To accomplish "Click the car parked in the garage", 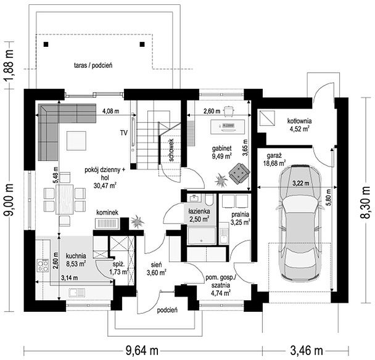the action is coord(300,223).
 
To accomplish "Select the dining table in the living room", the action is coord(65,199).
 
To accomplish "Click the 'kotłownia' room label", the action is coord(299,121).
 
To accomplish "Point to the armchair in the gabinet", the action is coord(239,173).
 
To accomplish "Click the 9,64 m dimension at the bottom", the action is coord(142,351).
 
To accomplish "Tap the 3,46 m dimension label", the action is coord(307,351).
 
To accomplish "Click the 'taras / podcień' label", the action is coord(93,65).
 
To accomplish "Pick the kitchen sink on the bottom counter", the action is coord(76,292).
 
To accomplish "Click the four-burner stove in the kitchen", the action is coord(43,265).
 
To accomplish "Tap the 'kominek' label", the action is coord(107,213).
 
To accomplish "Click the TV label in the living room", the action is coord(124,133).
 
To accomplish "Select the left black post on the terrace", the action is coord(46,44).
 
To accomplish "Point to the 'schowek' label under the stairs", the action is coord(171,150).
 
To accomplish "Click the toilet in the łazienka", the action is coord(209,200).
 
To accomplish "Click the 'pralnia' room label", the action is coord(240,215).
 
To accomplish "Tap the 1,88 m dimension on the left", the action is coord(9,65).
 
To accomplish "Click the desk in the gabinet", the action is coord(228,127).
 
